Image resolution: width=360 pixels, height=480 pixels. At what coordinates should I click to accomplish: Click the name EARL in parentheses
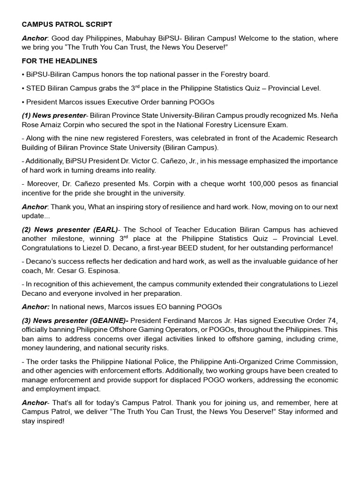tap(106, 229)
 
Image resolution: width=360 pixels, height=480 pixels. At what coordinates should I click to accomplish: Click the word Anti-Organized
tap(261, 361)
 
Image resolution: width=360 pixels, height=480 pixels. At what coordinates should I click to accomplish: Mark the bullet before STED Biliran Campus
tap(23, 88)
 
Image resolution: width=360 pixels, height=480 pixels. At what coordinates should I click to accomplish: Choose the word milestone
tap(69, 239)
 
